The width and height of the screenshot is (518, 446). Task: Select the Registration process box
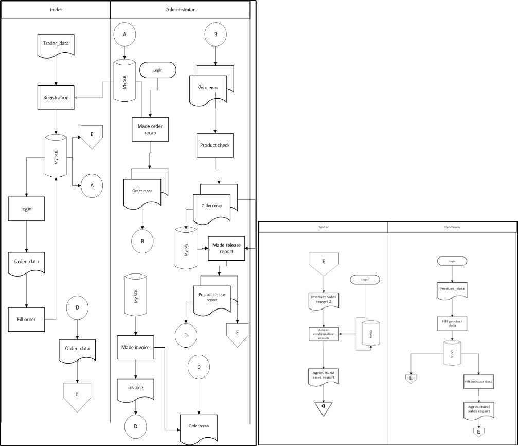tap(56, 97)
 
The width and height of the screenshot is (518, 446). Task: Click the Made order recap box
tap(150, 129)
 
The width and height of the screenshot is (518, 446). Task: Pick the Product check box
tap(215, 145)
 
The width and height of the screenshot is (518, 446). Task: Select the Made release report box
tap(225, 248)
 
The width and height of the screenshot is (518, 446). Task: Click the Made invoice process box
tap(135, 348)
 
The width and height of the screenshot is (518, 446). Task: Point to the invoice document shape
tap(136, 388)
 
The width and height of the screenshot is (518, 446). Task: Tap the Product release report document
tap(215, 298)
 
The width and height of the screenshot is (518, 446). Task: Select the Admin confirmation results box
tap(323, 334)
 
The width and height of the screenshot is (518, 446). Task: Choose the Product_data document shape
tap(452, 289)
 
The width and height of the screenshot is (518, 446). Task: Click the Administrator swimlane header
tap(180, 10)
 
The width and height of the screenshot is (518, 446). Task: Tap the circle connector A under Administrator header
tap(124, 34)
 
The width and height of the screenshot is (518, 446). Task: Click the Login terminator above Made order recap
tap(158, 70)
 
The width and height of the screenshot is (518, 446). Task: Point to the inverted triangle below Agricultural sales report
tap(323, 407)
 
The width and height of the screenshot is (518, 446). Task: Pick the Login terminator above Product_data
tap(452, 261)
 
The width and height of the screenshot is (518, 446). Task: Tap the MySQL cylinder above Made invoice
tap(135, 297)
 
